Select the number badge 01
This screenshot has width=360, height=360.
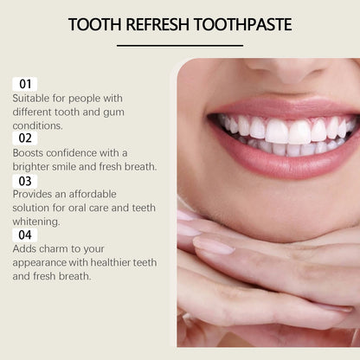[24, 84]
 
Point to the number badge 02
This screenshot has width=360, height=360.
[24, 138]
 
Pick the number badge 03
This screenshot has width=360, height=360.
[24, 180]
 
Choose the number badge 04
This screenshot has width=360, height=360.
[24, 234]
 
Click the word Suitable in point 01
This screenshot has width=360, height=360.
[31, 98]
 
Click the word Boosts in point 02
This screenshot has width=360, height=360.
[29, 152]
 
